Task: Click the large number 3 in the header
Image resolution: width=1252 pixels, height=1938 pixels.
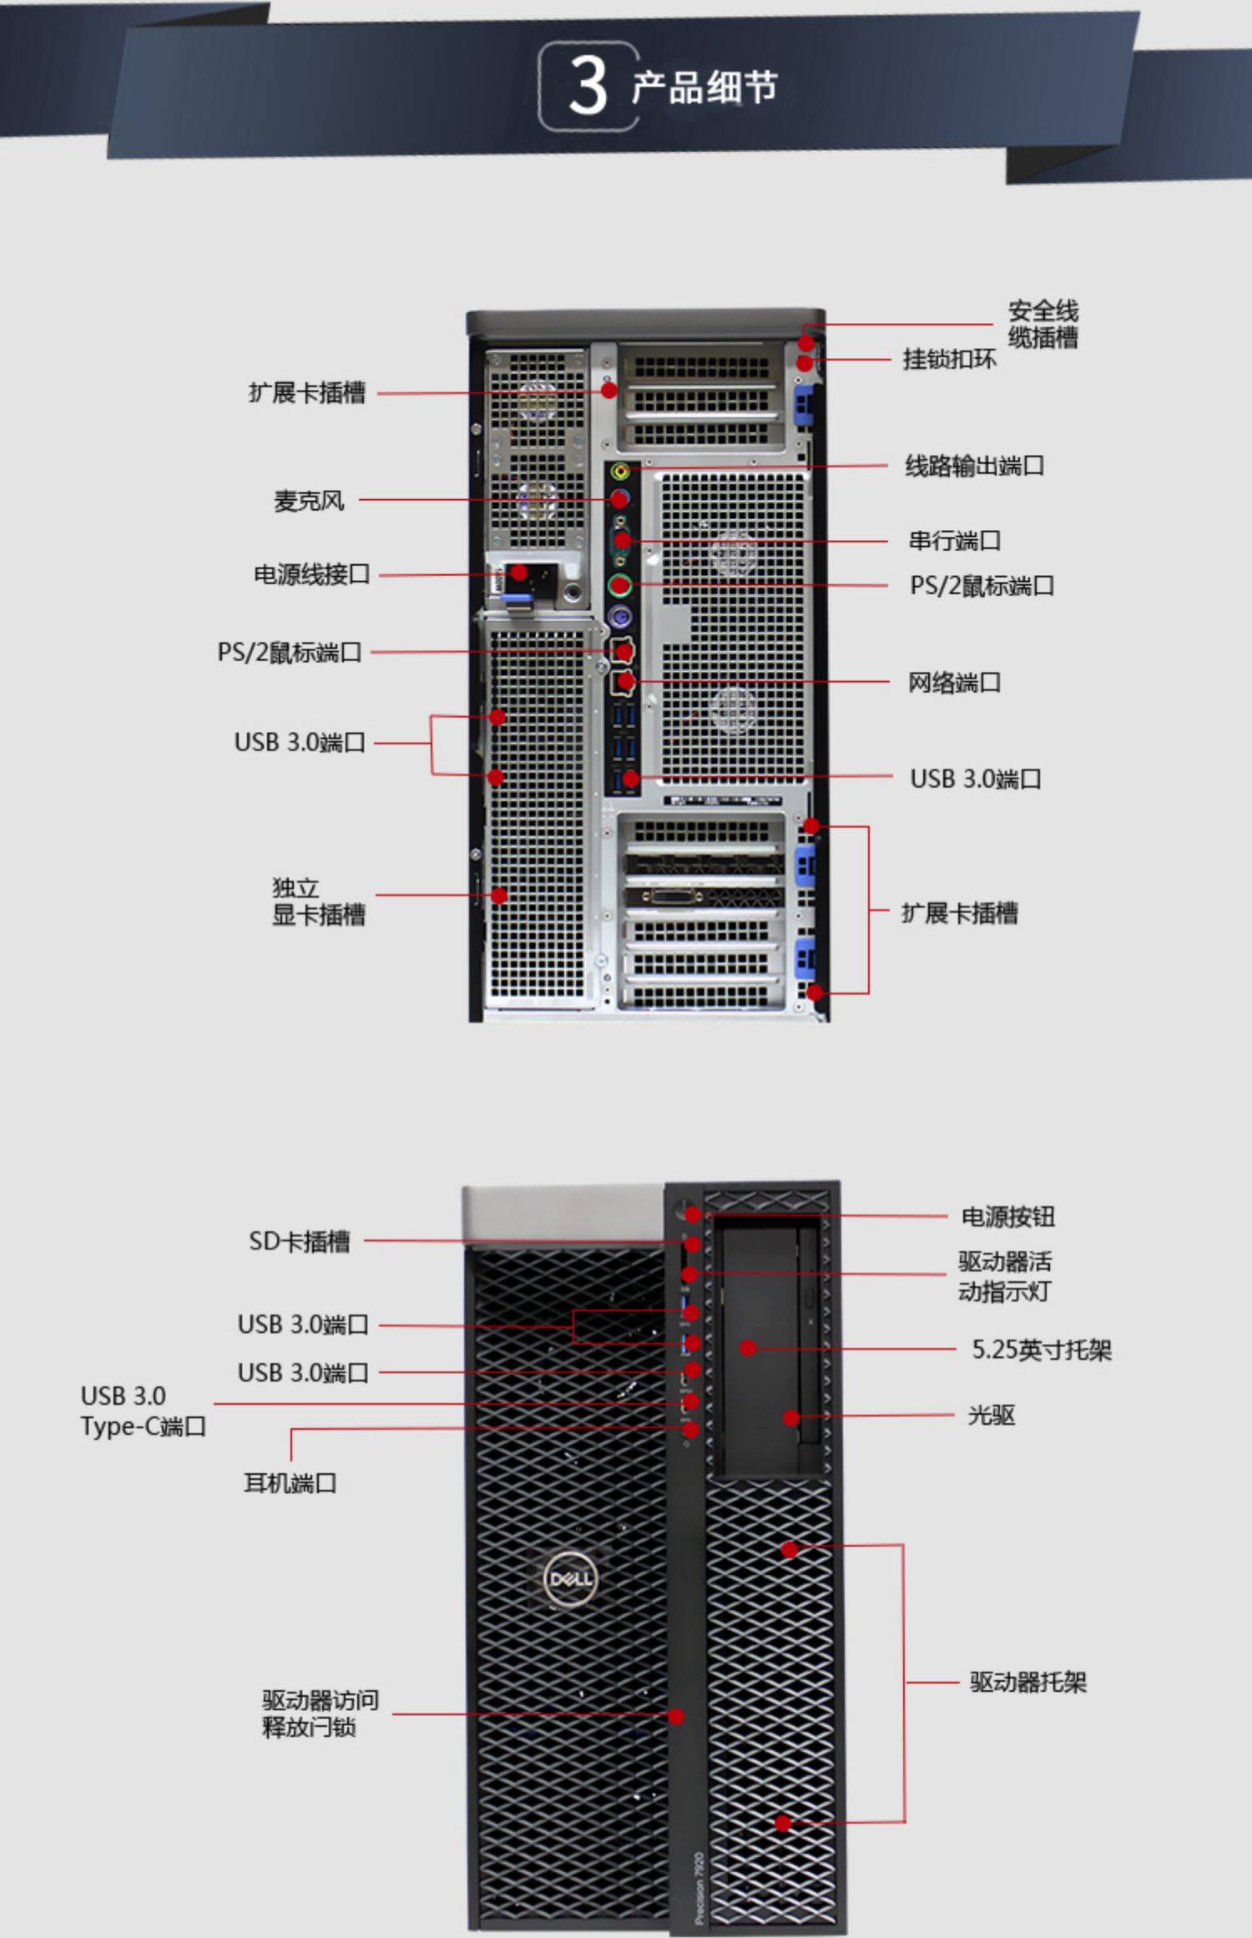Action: click(x=588, y=87)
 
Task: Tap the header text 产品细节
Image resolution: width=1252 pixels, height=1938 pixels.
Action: click(x=704, y=88)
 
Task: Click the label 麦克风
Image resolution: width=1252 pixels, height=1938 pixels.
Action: click(x=309, y=501)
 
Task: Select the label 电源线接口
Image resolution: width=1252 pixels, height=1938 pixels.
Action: click(x=311, y=574)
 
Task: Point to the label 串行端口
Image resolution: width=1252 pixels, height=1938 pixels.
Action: click(x=954, y=541)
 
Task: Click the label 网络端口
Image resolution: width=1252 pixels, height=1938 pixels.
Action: click(x=954, y=683)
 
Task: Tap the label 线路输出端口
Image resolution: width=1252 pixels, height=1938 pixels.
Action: click(x=974, y=466)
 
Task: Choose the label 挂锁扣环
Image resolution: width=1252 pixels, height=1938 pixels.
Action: click(x=949, y=360)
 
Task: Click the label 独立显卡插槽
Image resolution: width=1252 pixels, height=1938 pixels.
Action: click(x=317, y=901)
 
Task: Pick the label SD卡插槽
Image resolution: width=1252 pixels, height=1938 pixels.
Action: click(x=299, y=1241)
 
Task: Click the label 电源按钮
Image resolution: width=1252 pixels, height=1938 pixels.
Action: click(x=1007, y=1217)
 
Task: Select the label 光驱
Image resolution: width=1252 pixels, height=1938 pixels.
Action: click(x=991, y=1416)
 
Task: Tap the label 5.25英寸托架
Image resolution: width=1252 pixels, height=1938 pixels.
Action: click(x=1041, y=1350)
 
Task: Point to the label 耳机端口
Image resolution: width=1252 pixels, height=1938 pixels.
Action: click(x=290, y=1483)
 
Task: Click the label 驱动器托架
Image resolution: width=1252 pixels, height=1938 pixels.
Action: click(x=1027, y=1682)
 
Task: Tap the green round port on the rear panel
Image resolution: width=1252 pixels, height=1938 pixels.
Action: click(x=618, y=585)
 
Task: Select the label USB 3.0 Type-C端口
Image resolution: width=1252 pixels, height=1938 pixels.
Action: click(x=143, y=1411)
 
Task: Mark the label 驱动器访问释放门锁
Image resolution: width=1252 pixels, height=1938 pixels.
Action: click(x=320, y=1713)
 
